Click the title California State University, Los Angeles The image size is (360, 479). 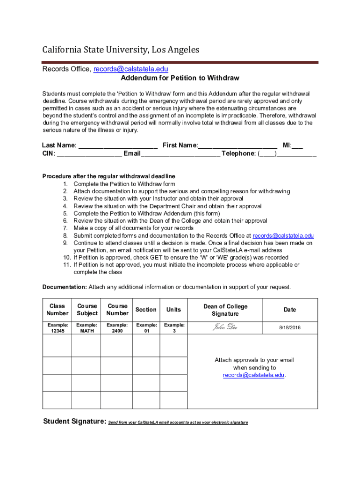[121, 50]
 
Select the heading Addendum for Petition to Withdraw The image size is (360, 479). [180, 78]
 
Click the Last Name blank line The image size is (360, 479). [118, 145]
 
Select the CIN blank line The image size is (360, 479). [89, 153]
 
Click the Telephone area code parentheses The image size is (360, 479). [267, 153]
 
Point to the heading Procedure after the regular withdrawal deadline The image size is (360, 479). [108, 176]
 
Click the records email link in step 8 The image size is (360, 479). [283, 236]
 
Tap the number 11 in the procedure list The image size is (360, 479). [67, 265]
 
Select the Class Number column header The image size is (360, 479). [57, 310]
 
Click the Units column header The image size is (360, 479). [174, 310]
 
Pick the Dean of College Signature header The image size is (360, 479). [225, 310]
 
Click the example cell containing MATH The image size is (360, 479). [87, 328]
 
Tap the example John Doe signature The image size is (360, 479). [224, 327]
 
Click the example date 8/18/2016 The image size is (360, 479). [289, 328]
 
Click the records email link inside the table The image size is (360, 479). [253, 375]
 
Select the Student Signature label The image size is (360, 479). [74, 421]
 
